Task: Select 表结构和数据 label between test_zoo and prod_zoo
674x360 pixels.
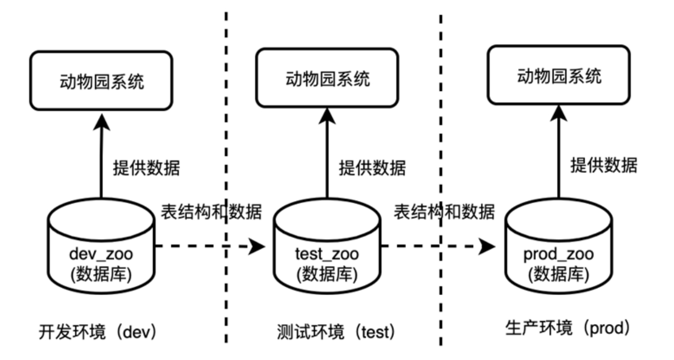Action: coord(444,212)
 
